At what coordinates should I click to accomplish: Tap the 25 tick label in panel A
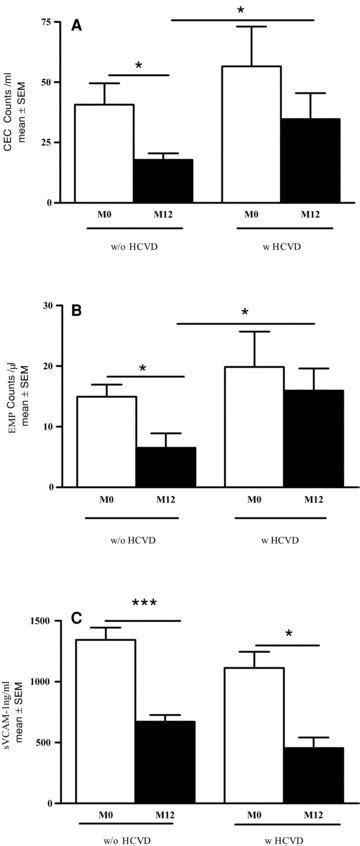(x=46, y=142)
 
